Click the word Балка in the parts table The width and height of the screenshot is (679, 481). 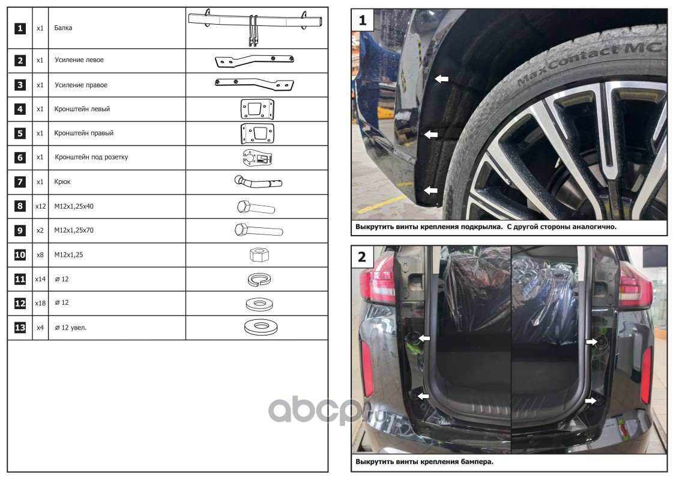(63, 28)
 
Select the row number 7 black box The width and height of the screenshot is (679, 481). (20, 182)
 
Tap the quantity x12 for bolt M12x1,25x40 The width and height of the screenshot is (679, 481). (40, 206)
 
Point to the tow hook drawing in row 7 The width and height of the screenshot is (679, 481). (258, 182)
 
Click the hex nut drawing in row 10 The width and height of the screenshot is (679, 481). (259, 254)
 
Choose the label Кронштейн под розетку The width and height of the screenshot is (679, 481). (91, 157)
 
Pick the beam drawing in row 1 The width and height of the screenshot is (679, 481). (256, 26)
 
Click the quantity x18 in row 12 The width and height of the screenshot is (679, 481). (40, 303)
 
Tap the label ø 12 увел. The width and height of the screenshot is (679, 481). (71, 328)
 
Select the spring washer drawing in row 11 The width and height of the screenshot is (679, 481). (259, 280)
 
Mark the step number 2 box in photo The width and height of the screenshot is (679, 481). (363, 257)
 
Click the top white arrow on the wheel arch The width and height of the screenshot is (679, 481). (442, 79)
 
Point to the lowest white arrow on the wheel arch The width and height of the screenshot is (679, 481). (430, 191)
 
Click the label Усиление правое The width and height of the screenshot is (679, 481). (81, 85)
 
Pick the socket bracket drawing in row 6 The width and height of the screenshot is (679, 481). (257, 158)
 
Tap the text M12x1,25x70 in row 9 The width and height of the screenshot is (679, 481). (74, 230)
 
